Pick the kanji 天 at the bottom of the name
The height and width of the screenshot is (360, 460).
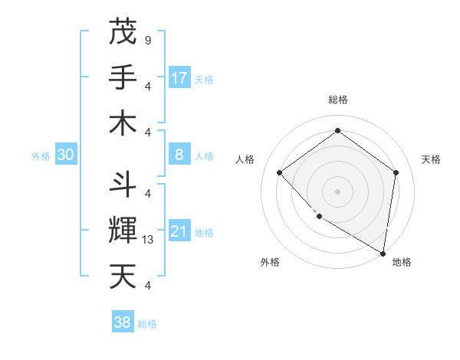coord(123,276)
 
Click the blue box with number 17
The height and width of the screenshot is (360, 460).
coord(179,78)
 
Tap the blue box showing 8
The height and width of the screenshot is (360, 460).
coord(179,155)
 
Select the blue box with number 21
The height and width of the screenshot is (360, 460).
coord(179,231)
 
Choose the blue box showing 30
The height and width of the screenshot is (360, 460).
coord(66,155)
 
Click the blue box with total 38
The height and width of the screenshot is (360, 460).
coord(123,322)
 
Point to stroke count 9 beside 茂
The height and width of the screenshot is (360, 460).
coord(147,39)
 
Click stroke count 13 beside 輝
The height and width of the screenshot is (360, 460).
coord(149,240)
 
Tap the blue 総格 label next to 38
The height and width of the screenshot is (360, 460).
coord(147,324)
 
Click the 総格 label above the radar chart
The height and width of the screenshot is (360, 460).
coord(337,100)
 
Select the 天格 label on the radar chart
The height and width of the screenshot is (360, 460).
coord(431,159)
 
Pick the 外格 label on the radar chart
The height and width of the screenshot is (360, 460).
coord(269,263)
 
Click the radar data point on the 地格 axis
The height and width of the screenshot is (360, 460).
coord(383,253)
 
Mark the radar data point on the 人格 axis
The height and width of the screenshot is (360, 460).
coord(280,172)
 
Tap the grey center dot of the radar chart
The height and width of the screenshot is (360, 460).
coord(337,191)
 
